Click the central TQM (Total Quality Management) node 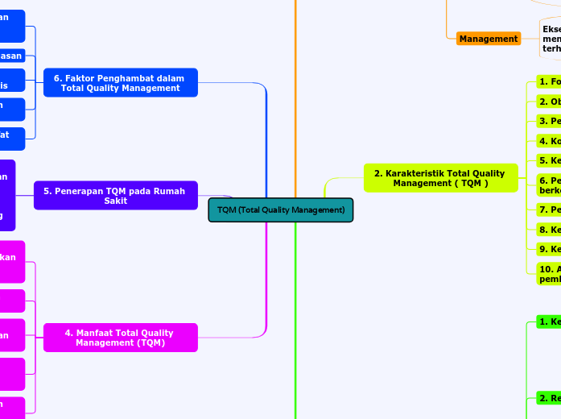click(280, 210)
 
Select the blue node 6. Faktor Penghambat click(120, 83)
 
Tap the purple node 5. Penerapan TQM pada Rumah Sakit click(115, 196)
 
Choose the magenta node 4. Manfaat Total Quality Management click(120, 338)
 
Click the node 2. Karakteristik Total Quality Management click(439, 178)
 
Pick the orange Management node click(489, 39)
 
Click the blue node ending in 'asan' click(11, 56)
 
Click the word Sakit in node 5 click(115, 201)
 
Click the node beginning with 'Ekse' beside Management click(551, 39)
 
